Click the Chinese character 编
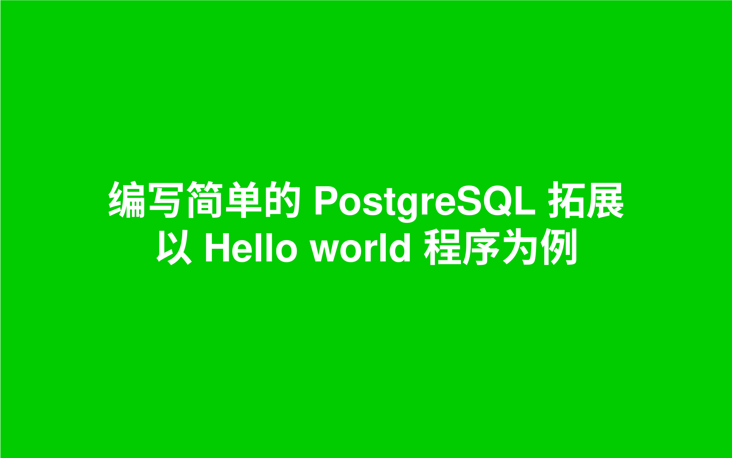tap(127, 200)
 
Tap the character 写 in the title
tap(165, 200)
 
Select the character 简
tap(204, 200)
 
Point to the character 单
tap(243, 200)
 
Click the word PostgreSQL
tap(425, 202)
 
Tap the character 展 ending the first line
tap(605, 200)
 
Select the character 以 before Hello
tap(174, 247)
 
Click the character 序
tap(482, 247)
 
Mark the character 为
tap(520, 247)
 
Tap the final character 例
tap(559, 247)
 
